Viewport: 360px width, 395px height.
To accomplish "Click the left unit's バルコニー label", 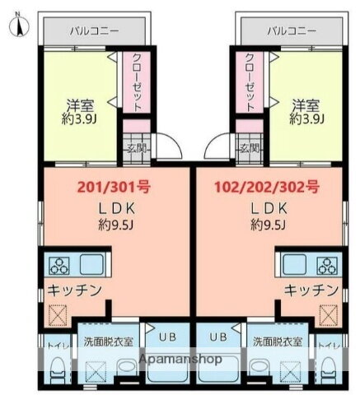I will [93, 30].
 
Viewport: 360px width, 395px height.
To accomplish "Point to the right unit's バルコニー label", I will [292, 30].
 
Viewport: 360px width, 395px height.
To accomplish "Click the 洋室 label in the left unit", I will [79, 105].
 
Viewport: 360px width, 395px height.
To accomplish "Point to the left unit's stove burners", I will [61, 266].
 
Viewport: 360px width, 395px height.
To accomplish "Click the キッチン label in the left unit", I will [74, 290].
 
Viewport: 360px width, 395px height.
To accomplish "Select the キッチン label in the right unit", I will [311, 290].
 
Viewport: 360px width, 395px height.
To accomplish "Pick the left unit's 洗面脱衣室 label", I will [107, 340].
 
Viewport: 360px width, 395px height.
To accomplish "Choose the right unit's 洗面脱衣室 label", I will [278, 340].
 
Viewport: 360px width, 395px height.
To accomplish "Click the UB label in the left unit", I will [166, 337].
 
